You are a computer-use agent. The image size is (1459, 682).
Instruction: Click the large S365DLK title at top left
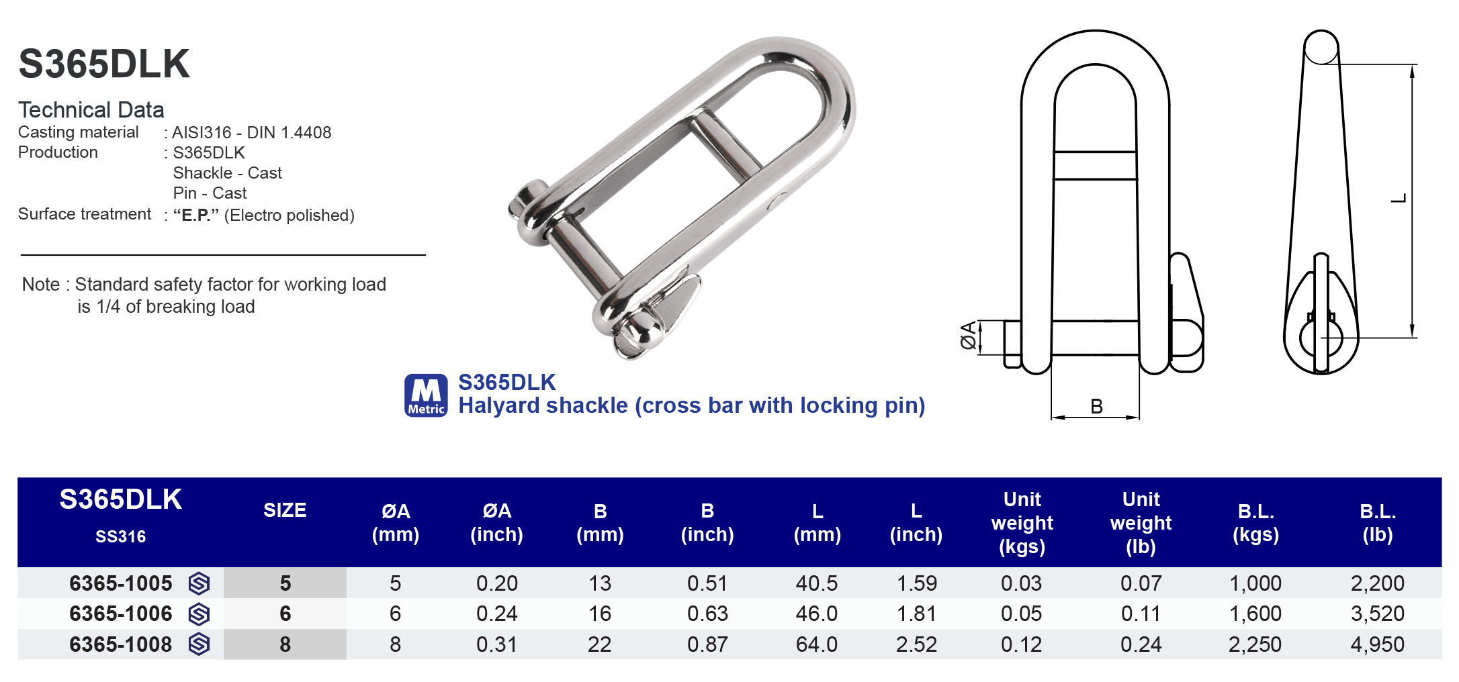click(104, 64)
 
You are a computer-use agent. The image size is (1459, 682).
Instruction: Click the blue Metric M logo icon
click(426, 395)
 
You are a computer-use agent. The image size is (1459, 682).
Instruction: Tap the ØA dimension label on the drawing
click(968, 336)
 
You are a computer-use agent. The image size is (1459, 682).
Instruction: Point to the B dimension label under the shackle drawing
click(1096, 406)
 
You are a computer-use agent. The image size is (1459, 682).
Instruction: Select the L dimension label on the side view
click(1399, 199)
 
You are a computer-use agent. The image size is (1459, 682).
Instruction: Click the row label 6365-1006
click(121, 614)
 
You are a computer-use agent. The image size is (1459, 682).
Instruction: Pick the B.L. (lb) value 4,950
click(1377, 644)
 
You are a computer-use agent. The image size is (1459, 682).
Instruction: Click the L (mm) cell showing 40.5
click(816, 583)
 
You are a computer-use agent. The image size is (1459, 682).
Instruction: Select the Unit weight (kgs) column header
click(1022, 523)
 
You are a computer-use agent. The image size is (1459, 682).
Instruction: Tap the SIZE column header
click(285, 510)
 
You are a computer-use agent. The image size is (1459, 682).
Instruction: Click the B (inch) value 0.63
click(707, 614)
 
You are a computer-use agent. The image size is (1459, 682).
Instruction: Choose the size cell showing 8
click(285, 644)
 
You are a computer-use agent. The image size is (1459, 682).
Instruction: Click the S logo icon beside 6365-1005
click(199, 583)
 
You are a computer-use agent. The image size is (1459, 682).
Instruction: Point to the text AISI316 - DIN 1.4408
click(251, 132)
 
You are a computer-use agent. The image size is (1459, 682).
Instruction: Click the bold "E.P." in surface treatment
click(195, 215)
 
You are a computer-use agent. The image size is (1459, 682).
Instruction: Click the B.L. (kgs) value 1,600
click(1255, 614)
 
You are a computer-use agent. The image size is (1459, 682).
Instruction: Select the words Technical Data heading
click(91, 109)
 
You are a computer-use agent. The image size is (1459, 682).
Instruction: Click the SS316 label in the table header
click(121, 536)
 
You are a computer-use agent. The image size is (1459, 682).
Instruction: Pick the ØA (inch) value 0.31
click(496, 644)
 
